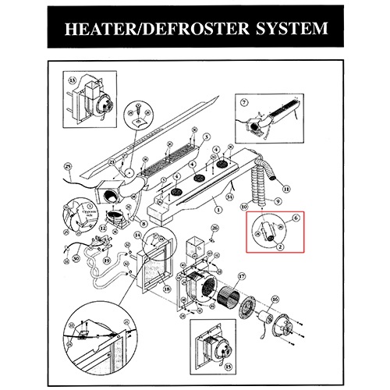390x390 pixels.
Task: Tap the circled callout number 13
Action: click(75, 80)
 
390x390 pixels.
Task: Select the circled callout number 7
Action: click(243, 102)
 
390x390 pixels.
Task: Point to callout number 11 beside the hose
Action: click(287, 190)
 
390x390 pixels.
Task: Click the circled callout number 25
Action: click(68, 166)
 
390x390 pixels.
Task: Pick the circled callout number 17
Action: click(241, 276)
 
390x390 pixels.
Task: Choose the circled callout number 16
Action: click(274, 299)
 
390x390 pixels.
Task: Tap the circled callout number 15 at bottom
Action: click(228, 364)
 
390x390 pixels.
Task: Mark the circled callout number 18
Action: click(168, 289)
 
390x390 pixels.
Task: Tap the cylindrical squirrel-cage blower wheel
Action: click(232, 303)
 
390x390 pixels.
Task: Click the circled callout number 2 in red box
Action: click(279, 246)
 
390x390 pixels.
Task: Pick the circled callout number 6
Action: click(296, 221)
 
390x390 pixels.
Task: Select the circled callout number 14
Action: click(137, 235)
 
